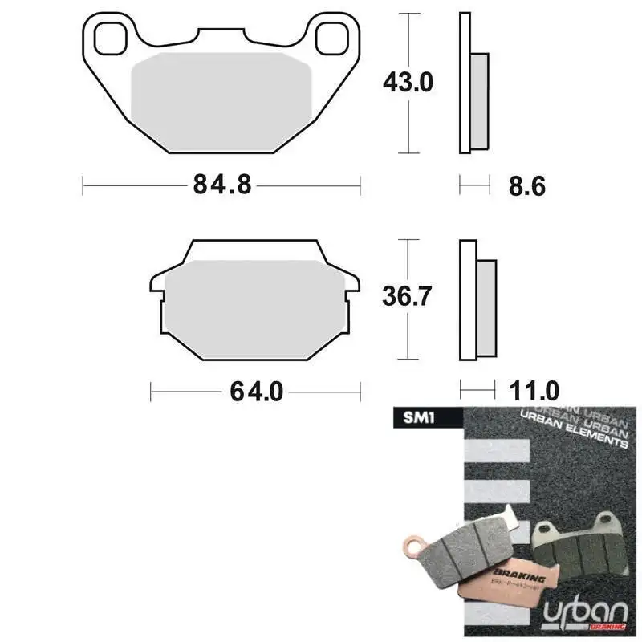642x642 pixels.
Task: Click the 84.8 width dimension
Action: click(x=222, y=185)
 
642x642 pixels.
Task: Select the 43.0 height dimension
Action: click(x=409, y=81)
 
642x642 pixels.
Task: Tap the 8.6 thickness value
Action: click(x=526, y=186)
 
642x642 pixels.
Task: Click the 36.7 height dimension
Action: click(x=409, y=297)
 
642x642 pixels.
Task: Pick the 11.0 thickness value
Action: click(x=534, y=392)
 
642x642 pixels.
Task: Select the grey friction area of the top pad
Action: click(x=221, y=100)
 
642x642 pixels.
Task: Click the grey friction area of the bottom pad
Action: click(x=254, y=307)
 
